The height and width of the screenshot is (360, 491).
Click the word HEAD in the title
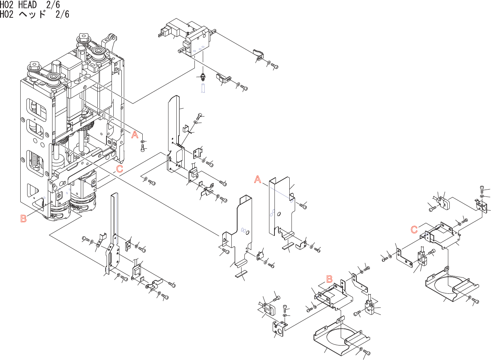(x=28, y=5)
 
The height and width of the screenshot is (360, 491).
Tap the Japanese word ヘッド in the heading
(x=33, y=14)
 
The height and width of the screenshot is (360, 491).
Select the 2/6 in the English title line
(x=53, y=5)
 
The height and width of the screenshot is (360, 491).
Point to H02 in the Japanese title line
(x=7, y=14)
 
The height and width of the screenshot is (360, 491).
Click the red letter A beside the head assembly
(x=135, y=135)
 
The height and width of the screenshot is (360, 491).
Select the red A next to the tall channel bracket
(x=257, y=179)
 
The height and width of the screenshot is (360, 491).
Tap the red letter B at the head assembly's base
(x=24, y=219)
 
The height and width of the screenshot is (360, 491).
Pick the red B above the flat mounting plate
(x=329, y=279)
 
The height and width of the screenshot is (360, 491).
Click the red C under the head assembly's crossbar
(x=119, y=169)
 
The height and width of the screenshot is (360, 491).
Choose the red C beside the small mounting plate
(x=414, y=229)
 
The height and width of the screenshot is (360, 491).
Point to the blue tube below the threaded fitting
(x=203, y=88)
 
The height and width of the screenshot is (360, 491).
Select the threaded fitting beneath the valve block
(x=202, y=76)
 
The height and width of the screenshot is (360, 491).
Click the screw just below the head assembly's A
(x=143, y=148)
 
